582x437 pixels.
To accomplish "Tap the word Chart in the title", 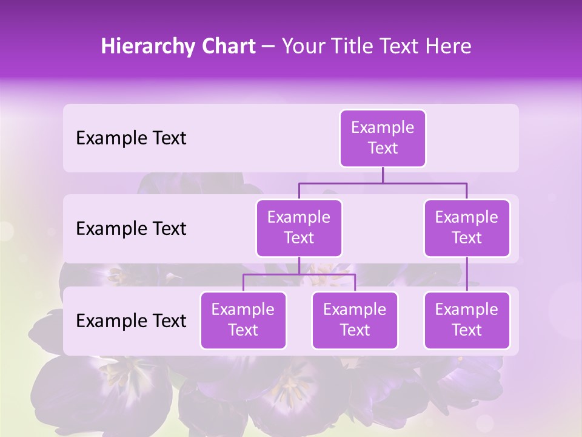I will point(226,47).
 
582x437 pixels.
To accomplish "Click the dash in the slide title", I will point(269,47).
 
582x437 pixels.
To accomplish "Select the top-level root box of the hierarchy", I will point(383,138).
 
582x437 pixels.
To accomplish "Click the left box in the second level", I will point(299,228).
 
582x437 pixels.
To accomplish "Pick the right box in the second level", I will point(467,228).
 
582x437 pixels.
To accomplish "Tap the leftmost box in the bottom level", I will point(243,320).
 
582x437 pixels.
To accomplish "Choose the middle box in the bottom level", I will point(355,320).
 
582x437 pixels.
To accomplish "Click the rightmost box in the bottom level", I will point(467,320).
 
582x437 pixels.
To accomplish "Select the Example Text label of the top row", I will point(131,138).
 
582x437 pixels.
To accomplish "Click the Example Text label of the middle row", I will point(131,229).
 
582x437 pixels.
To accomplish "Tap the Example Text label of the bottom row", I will point(131,320).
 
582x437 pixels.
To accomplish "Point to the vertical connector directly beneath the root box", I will point(383,175).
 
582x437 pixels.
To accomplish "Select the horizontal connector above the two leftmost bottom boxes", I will point(299,274).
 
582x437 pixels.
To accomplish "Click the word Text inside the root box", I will point(383,149).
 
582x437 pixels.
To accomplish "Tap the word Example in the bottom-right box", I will point(467,310).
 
